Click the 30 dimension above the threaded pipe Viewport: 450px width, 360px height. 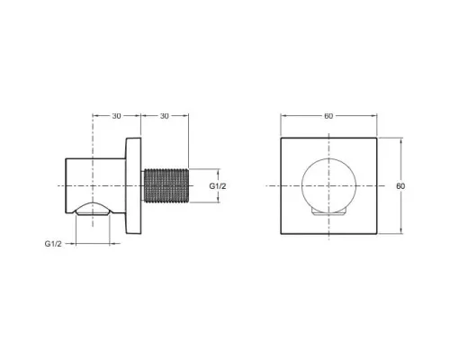165,116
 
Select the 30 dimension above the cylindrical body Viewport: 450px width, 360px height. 116,116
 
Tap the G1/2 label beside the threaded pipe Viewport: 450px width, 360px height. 218,186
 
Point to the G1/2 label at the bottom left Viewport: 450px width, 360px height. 53,244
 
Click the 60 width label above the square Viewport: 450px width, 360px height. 328,116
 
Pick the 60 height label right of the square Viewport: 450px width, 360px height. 400,186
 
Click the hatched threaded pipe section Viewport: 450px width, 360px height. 166,186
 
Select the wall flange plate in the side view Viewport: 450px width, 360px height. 133,186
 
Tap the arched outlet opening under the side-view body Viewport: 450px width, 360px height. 93,208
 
